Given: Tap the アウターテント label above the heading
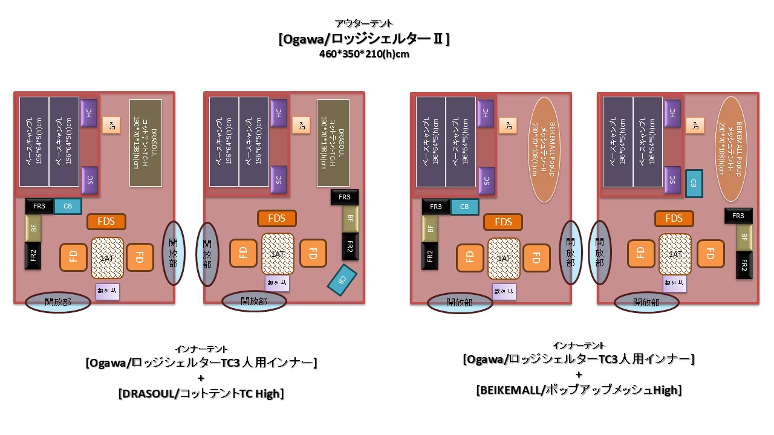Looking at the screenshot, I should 364,24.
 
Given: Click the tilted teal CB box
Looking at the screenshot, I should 342,280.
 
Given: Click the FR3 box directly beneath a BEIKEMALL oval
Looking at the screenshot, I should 738,216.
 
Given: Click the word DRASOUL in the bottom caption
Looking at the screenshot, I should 149,394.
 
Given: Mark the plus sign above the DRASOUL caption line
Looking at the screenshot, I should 201,379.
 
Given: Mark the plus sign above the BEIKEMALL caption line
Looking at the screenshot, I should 579,375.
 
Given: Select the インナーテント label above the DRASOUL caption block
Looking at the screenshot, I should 201,349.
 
